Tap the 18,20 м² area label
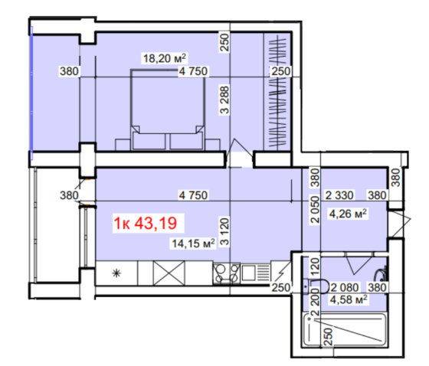coord(165,57)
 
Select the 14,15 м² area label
coord(192,245)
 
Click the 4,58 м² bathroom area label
coord(349,299)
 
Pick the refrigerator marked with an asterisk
coord(117,273)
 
